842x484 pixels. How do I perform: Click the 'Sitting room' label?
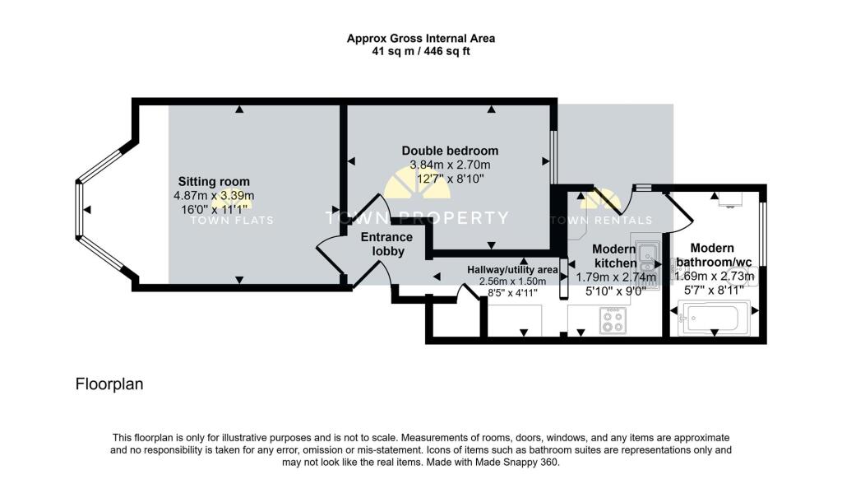(x=214, y=182)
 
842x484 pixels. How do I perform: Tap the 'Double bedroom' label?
(x=450, y=151)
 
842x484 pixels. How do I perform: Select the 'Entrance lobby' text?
(x=387, y=244)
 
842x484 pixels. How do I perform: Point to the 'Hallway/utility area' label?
(x=512, y=269)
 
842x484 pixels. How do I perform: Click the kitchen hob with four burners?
(x=613, y=320)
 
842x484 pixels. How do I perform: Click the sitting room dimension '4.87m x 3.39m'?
(x=214, y=196)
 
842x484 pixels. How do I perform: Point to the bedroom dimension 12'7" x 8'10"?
(x=450, y=178)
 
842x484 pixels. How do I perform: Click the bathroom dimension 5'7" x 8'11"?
(x=714, y=290)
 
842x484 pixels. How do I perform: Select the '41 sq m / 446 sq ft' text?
(x=421, y=51)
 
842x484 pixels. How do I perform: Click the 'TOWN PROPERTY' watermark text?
(x=418, y=218)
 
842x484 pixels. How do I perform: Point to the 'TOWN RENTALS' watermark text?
(x=601, y=221)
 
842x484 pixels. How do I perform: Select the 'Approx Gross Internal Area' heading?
(x=421, y=38)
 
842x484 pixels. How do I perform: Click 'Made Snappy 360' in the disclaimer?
(x=519, y=462)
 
